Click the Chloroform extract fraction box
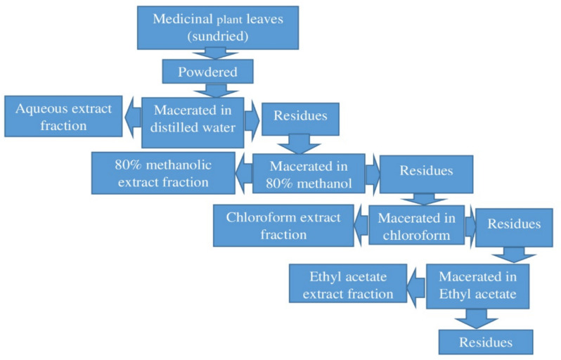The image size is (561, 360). coord(283,226)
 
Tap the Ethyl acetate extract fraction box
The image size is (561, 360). coord(348,284)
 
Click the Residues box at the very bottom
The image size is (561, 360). coord(485,342)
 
